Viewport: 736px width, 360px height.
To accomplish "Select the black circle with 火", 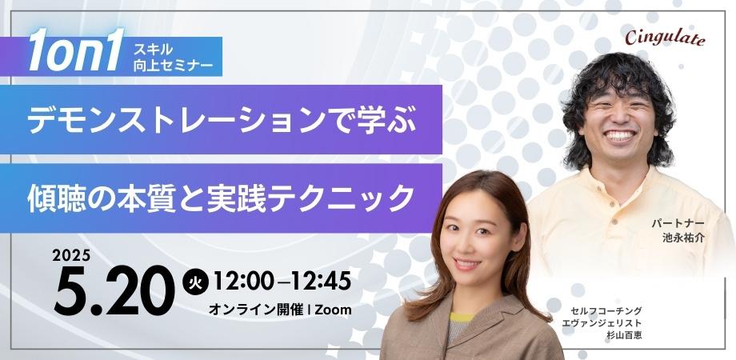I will click(193, 281).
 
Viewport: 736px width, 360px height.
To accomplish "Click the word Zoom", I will click(333, 310).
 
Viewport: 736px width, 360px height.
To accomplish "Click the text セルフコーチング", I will click(608, 309).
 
